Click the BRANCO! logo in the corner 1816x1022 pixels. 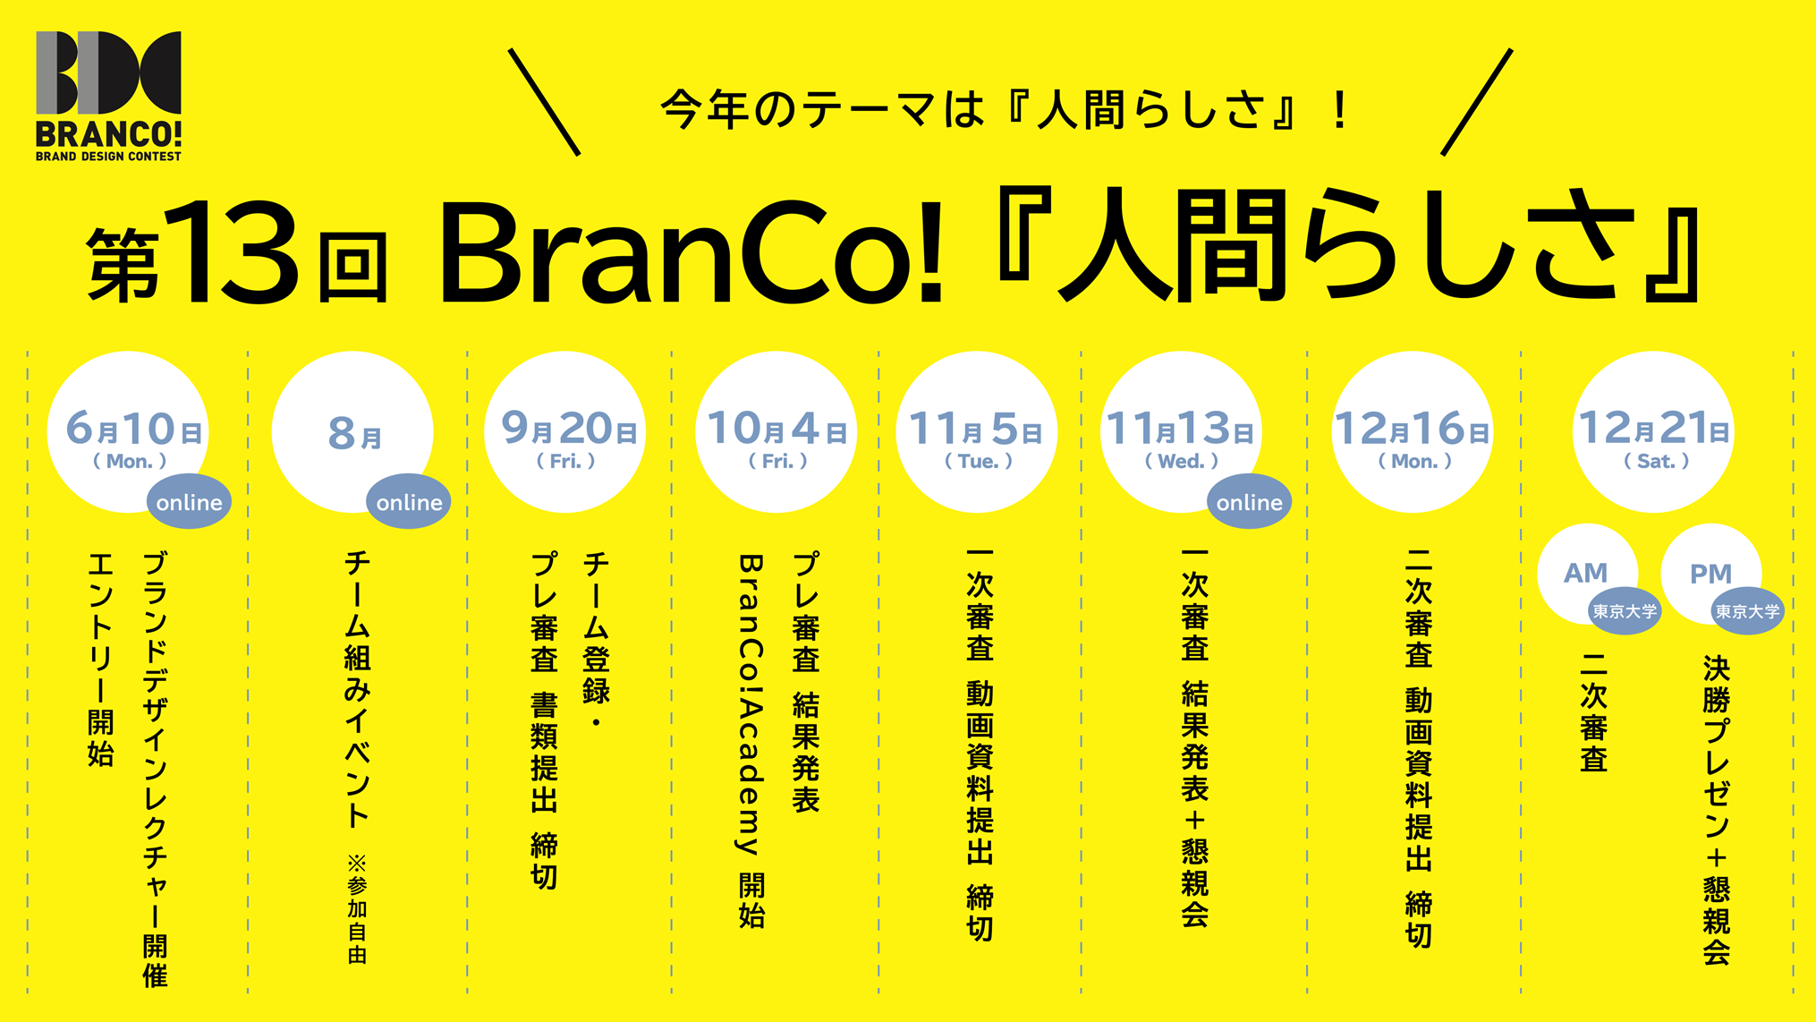pos(108,96)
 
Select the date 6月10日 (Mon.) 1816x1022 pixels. pos(133,439)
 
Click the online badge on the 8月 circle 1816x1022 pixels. pos(409,501)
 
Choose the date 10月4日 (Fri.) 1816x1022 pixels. pos(776,438)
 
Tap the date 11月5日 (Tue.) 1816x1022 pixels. pos(976,439)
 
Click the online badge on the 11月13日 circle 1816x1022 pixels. pos(1249,501)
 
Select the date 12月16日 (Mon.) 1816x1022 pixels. pos(1413,439)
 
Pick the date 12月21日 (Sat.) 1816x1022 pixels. pos(1654,438)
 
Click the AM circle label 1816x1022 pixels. pos(1585,573)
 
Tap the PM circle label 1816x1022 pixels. pos(1710,574)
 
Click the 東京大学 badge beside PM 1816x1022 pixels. pos(1747,612)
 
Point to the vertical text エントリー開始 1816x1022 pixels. pos(100,660)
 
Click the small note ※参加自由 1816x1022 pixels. pos(357,908)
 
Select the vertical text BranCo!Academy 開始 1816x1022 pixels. pos(751,741)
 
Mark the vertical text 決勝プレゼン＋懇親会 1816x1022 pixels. pos(1716,811)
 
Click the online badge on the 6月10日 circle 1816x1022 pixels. pos(189,501)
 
